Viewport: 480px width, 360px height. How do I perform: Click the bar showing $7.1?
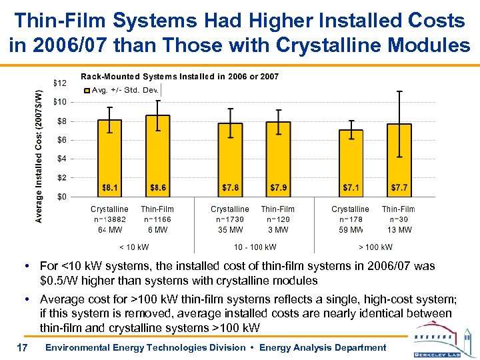tap(351, 163)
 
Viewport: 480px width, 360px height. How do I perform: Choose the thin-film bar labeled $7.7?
tap(399, 161)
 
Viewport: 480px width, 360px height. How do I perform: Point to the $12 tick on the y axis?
tap(59, 83)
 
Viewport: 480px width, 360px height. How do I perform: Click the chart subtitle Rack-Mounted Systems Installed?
tap(179, 77)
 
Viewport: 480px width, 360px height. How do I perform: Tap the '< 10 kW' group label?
tap(134, 247)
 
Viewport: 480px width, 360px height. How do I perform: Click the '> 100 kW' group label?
tap(375, 247)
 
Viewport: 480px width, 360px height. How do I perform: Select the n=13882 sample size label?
tap(110, 219)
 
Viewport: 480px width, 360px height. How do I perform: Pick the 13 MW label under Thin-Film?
tap(399, 230)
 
